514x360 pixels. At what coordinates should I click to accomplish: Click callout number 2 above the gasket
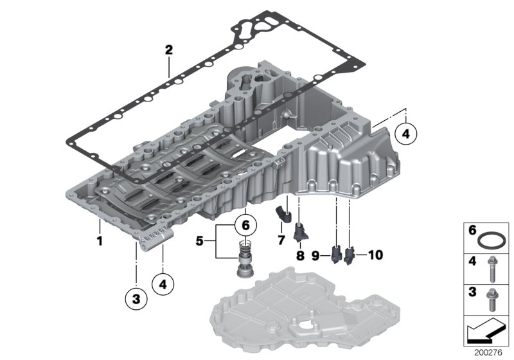pyautogui.click(x=168, y=50)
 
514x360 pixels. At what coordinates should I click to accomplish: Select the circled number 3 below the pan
pyautogui.click(x=136, y=298)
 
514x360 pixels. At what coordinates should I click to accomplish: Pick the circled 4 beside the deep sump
pyautogui.click(x=406, y=134)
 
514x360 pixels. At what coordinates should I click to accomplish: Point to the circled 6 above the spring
pyautogui.click(x=244, y=226)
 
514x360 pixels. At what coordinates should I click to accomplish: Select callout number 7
pyautogui.click(x=281, y=241)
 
